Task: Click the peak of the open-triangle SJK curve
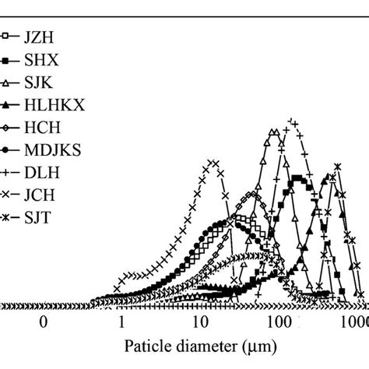(274, 133)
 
